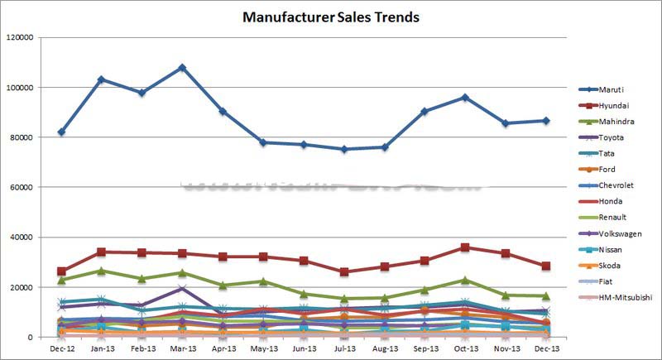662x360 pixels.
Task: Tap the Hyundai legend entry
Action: [616, 105]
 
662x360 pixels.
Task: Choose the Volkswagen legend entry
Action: [622, 233]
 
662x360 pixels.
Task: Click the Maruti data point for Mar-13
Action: [182, 67]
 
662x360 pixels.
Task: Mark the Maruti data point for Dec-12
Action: [61, 132]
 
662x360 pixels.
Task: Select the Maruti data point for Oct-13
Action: [464, 97]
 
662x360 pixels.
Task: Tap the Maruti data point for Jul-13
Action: [343, 149]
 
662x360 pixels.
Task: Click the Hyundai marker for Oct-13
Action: [464, 247]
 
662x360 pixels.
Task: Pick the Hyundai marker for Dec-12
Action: [61, 271]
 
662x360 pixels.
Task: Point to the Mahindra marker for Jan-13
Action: [102, 271]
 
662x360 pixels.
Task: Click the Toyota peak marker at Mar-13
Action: [182, 288]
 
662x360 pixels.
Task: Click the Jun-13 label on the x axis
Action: [303, 350]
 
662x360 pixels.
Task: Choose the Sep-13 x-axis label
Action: [424, 350]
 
